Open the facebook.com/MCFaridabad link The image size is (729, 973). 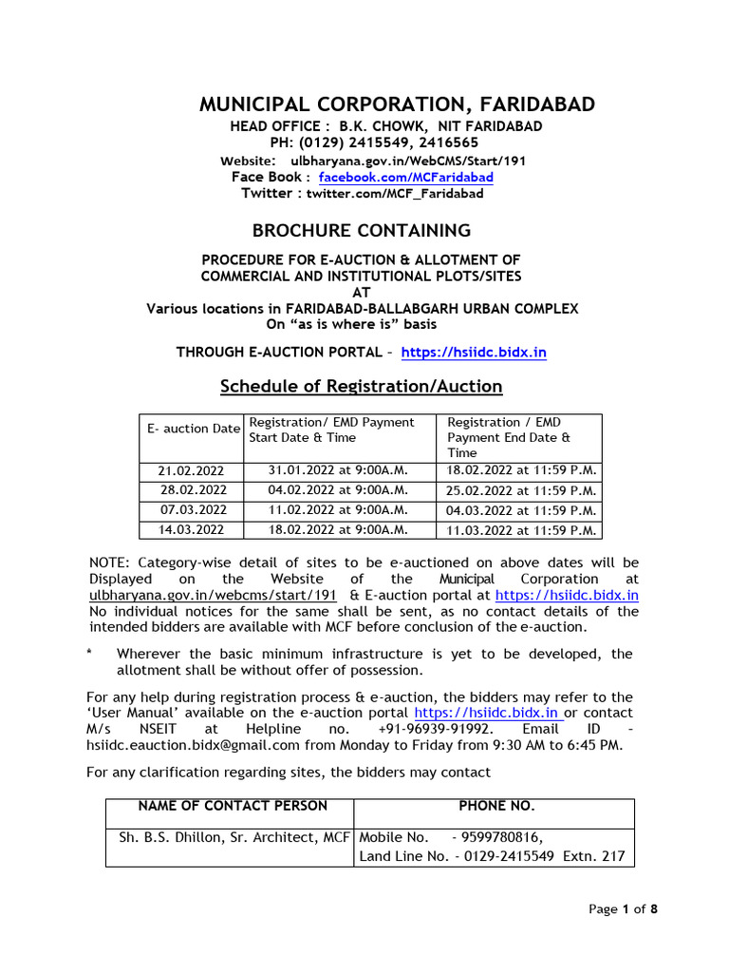[x=405, y=178]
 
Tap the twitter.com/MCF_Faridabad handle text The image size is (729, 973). [x=394, y=194]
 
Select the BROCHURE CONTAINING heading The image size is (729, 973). [x=361, y=230]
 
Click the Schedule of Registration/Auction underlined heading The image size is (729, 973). [x=361, y=386]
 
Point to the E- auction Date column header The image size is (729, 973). [x=193, y=429]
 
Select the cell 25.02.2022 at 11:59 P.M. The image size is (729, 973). [x=521, y=491]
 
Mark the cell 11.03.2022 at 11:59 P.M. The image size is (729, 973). [x=521, y=530]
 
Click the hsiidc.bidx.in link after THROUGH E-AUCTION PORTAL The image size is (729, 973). [x=474, y=353]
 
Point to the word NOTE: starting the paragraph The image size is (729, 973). [x=111, y=563]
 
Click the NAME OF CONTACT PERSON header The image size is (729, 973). [x=233, y=806]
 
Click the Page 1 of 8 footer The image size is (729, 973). [x=623, y=909]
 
